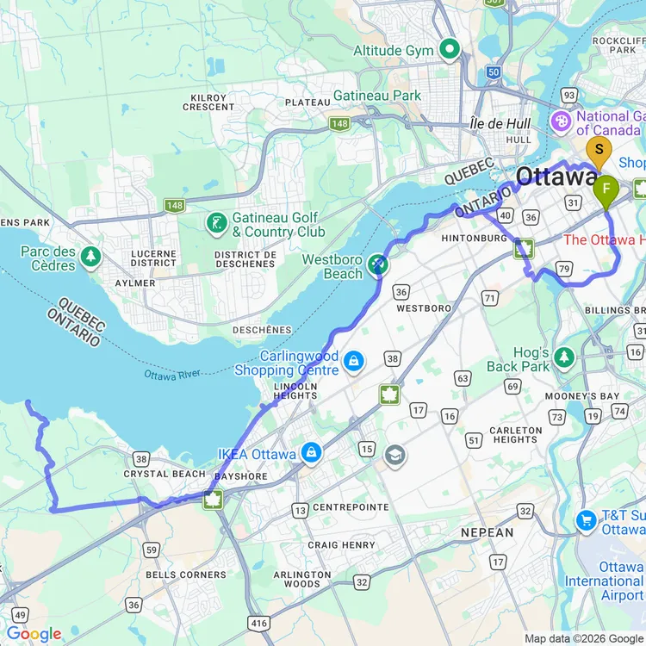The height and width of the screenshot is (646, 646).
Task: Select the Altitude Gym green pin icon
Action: click(x=449, y=50)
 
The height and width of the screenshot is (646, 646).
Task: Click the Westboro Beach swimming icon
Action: click(x=377, y=264)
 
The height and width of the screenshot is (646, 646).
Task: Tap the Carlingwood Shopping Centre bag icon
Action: click(x=353, y=361)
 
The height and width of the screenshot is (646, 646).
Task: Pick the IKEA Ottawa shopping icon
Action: click(x=310, y=452)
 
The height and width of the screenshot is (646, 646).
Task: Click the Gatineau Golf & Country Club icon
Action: click(x=216, y=224)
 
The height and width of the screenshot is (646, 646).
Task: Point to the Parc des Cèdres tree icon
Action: click(x=90, y=256)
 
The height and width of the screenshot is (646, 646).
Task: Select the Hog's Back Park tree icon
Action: click(x=564, y=356)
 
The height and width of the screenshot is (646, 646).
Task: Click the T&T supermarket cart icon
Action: click(x=586, y=521)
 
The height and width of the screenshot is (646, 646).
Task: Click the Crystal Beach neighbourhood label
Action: click(x=165, y=474)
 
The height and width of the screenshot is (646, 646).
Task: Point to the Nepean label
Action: click(x=487, y=533)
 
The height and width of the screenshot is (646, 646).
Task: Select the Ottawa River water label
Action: click(x=171, y=376)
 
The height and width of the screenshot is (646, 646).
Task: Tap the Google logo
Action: click(x=34, y=634)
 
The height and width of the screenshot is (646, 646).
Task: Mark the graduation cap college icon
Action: click(x=395, y=456)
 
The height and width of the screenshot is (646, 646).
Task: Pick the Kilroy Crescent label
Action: click(x=208, y=102)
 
